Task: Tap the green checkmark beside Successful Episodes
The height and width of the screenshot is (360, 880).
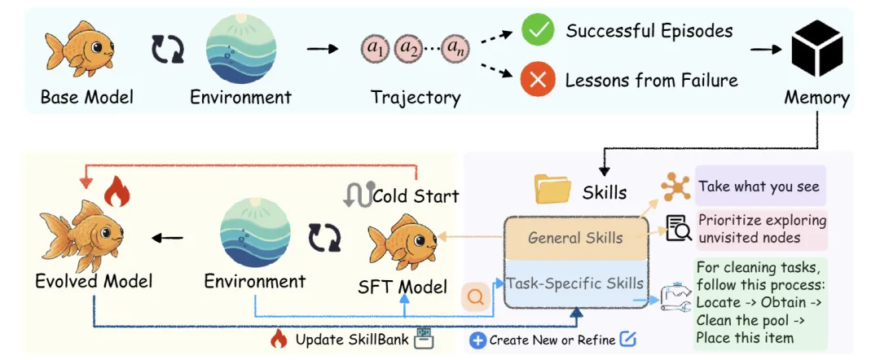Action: (x=538, y=33)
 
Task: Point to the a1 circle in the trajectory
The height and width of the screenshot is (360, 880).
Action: (x=376, y=50)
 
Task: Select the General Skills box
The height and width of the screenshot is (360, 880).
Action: (x=575, y=239)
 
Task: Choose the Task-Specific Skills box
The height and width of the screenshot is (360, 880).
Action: (x=575, y=284)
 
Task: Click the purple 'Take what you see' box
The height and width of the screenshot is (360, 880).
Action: (x=759, y=187)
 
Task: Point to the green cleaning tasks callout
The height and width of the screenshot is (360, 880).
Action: (x=760, y=302)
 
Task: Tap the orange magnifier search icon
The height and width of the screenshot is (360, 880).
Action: (x=476, y=297)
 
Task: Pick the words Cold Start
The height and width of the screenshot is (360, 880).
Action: (x=416, y=196)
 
